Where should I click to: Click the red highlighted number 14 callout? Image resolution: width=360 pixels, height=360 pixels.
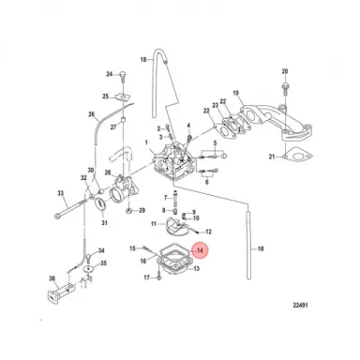199,250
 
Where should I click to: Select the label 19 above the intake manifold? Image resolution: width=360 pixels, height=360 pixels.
235,92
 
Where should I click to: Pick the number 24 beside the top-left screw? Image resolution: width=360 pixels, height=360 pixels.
110,74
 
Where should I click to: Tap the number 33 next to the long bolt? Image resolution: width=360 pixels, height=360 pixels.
61,195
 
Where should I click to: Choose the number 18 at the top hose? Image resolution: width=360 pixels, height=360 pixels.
143,59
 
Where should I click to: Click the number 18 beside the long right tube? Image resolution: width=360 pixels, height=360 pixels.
261,248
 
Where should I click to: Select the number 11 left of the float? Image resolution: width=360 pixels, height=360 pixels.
155,225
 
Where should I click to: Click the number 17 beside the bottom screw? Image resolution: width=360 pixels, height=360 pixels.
147,278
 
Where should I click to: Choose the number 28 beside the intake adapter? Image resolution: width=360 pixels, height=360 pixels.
109,174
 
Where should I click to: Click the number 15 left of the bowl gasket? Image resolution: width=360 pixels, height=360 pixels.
148,248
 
